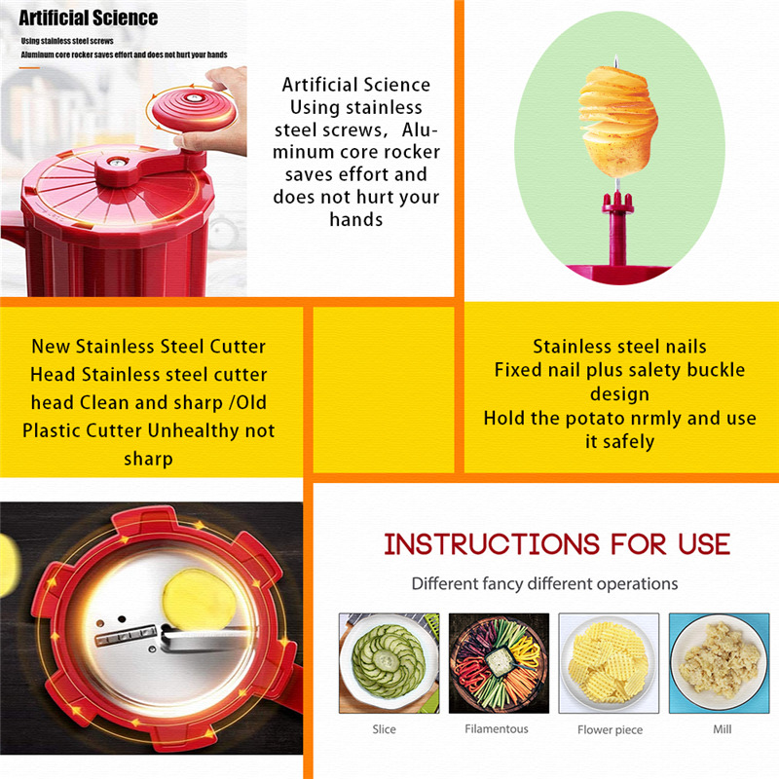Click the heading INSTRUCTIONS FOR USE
pyautogui.click(x=556, y=543)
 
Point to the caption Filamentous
pyautogui.click(x=497, y=728)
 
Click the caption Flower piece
pyautogui.click(x=609, y=729)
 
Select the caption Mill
pyautogui.click(x=722, y=728)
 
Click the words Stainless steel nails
pyautogui.click(x=619, y=347)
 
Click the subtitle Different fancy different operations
pyautogui.click(x=544, y=583)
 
